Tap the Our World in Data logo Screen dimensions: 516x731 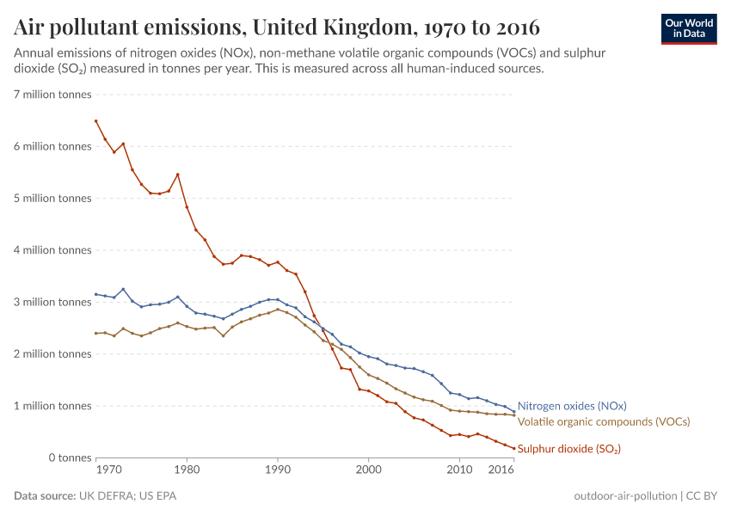coord(688,28)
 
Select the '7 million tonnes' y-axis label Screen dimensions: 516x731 coord(52,95)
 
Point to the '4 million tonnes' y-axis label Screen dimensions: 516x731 coord(52,250)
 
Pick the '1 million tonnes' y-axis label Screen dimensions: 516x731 coord(52,406)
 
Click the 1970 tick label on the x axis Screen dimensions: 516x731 coord(107,470)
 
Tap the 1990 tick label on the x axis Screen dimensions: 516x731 coord(278,470)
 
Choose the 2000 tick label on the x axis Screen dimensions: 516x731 coord(369,470)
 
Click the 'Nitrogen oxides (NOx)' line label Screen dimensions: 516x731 coord(572,406)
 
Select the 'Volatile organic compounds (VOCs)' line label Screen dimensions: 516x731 coord(603,421)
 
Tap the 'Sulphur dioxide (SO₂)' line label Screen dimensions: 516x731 coord(568,449)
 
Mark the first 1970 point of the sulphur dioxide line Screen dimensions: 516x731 coord(95,121)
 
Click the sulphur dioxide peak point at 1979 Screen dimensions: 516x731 coord(178,175)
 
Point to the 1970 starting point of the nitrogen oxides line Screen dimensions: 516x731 coord(95,294)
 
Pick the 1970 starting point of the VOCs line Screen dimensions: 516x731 coord(95,333)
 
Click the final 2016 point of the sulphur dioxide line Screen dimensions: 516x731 coord(513,448)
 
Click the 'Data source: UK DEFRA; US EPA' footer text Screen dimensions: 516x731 coord(95,496)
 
